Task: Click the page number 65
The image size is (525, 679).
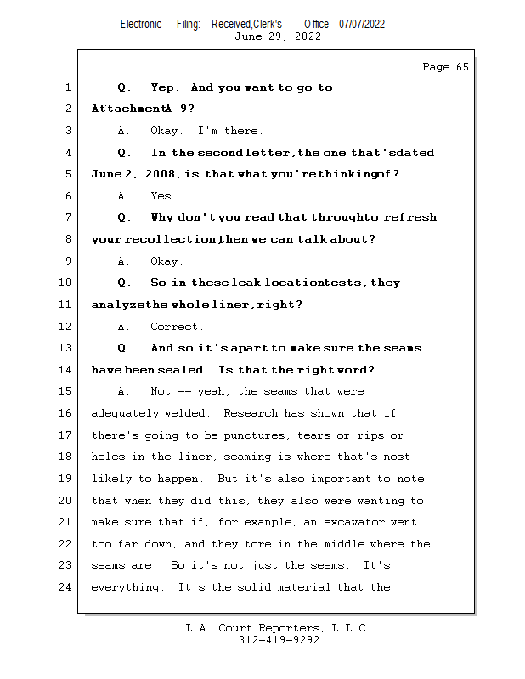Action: tap(462, 67)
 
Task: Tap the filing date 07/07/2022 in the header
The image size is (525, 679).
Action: tap(362, 25)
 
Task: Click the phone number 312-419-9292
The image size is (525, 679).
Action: tap(279, 640)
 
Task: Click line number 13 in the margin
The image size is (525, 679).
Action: tap(65, 348)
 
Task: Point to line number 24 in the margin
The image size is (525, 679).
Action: tap(65, 587)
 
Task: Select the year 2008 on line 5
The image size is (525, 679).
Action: tap(160, 174)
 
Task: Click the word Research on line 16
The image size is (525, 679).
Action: tap(251, 413)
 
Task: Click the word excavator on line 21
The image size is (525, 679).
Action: tap(353, 522)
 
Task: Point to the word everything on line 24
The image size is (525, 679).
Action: tap(125, 587)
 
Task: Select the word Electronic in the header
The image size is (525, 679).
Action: tap(141, 25)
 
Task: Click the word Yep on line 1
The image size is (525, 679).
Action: tap(163, 87)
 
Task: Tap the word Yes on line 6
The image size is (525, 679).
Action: tap(161, 196)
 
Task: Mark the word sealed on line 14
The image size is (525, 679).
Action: tap(181, 370)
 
